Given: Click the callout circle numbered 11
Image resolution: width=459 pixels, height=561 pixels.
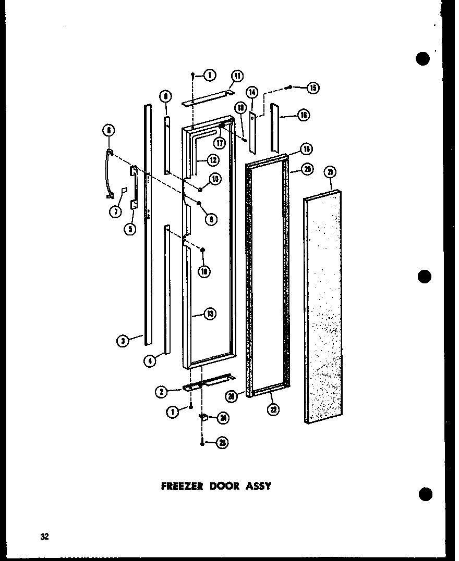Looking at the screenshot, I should pos(237,76).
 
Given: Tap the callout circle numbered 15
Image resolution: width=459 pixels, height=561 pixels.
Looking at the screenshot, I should pos(312,88).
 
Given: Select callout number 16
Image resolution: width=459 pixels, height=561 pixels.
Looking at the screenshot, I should pos(304,115).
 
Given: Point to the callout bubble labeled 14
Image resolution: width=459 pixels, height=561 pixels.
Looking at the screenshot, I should pos(252,93).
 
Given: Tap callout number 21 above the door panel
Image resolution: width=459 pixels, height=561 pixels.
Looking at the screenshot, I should pos(330,172).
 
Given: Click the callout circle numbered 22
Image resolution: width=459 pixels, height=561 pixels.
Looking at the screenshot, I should pos(273,410).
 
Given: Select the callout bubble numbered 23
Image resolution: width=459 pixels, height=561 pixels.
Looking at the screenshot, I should pos(223,443).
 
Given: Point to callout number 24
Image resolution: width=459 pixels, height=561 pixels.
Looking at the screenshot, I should pos(223,417).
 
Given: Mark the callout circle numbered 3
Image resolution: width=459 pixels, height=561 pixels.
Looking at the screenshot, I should pos(123,341).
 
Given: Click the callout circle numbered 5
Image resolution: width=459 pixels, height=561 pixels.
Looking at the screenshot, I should pos(130,228).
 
